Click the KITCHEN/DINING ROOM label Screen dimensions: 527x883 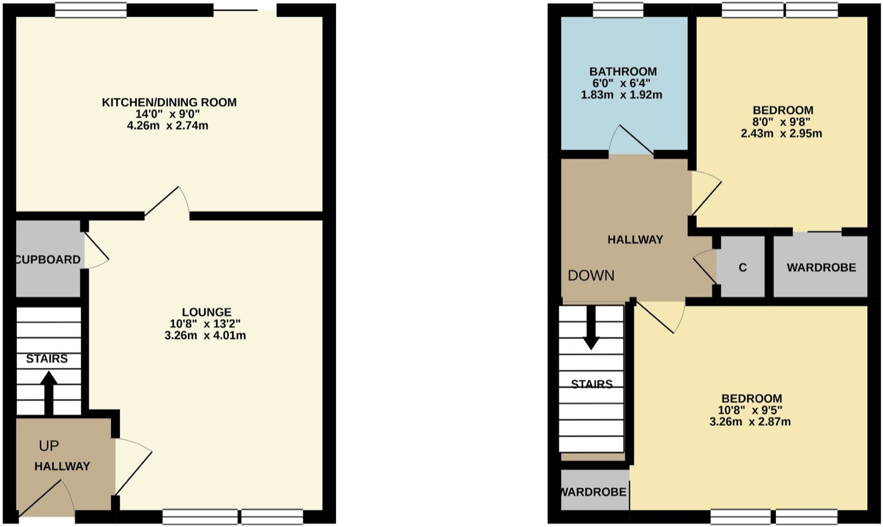169,102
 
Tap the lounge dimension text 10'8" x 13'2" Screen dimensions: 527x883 205,324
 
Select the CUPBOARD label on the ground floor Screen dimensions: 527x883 48,259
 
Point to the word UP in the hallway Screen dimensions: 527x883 49,446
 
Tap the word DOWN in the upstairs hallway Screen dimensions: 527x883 591,276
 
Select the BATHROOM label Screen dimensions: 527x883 623,71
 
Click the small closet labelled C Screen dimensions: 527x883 742,267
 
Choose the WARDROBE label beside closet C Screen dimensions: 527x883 821,267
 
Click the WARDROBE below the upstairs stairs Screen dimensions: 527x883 594,492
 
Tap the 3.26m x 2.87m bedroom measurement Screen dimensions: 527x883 750,421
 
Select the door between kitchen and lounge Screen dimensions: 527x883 167,202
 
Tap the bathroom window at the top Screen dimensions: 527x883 618,10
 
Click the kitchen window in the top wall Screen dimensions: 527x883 91,10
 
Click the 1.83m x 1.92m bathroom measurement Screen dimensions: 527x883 621,95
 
